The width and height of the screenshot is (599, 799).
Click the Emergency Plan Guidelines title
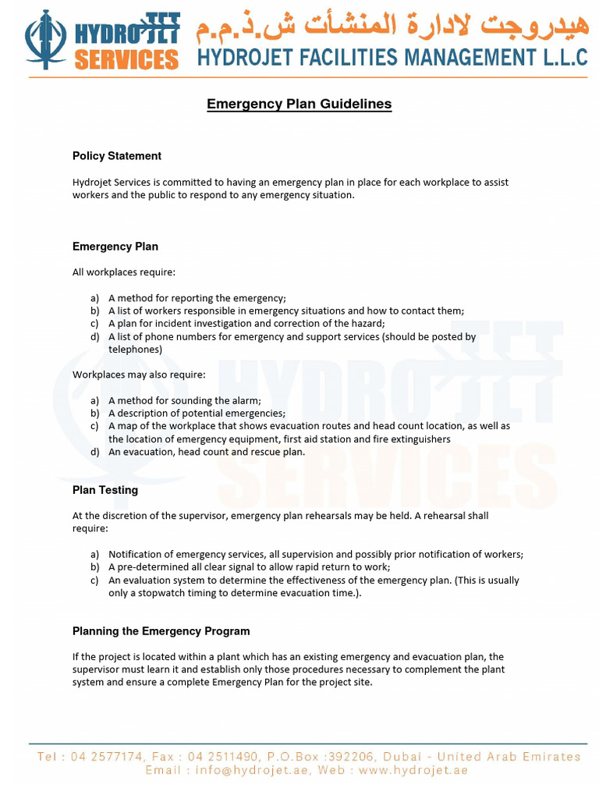299,104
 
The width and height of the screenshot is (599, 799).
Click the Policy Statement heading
117,156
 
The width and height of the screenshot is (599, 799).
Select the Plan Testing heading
105,490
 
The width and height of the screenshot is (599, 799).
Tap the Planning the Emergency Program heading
161,631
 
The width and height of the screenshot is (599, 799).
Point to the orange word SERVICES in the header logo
126,59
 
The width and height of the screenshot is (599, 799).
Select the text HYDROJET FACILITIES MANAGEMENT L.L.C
392,57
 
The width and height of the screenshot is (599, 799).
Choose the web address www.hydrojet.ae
413,770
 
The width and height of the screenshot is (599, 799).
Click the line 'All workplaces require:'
124,272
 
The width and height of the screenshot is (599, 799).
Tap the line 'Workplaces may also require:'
139,375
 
